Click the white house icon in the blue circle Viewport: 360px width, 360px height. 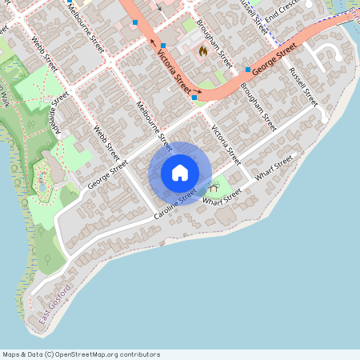click(180, 172)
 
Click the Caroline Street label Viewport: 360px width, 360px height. click(177, 205)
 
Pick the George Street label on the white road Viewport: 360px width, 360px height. click(107, 174)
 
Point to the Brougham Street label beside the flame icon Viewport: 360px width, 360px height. click(214, 45)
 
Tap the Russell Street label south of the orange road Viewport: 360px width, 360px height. click(305, 87)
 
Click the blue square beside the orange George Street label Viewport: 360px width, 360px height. click(248, 69)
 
